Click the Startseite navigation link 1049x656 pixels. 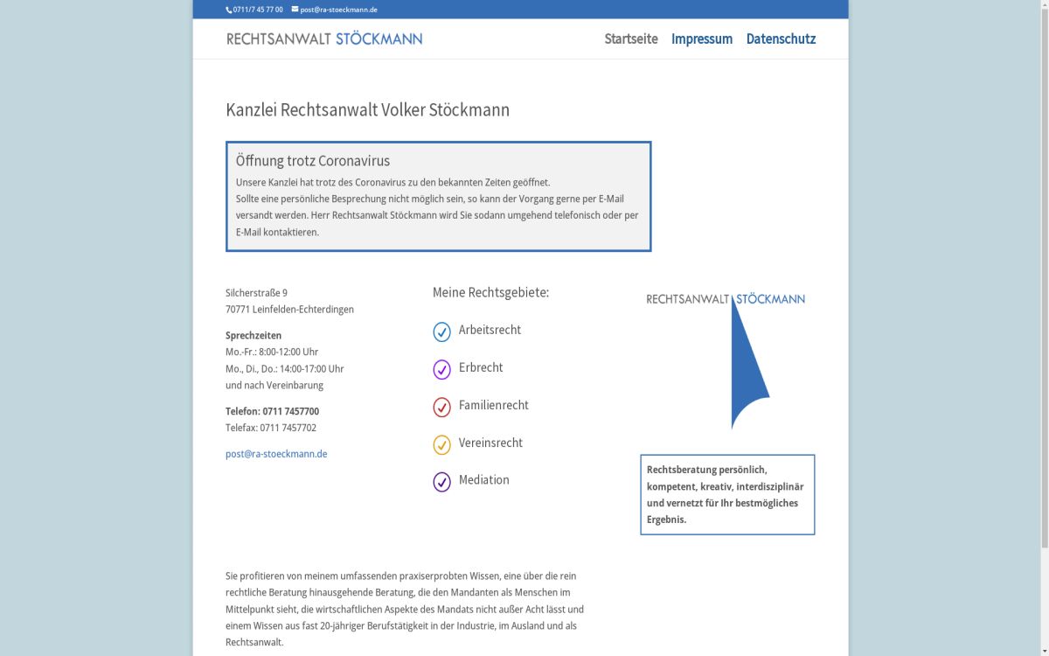point(630,38)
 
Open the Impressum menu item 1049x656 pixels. point(701,38)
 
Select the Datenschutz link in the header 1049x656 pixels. point(781,38)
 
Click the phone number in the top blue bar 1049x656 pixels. point(257,10)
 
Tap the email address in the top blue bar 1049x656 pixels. point(338,10)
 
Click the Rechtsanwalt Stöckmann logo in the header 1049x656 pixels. point(324,38)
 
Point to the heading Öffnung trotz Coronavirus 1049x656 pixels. point(313,161)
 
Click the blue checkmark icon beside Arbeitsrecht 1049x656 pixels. point(442,331)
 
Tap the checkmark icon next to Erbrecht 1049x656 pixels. point(442,369)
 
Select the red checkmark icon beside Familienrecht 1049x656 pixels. point(442,407)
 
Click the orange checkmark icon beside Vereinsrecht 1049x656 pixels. point(442,444)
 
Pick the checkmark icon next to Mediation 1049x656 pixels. point(442,482)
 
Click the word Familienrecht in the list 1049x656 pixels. point(494,405)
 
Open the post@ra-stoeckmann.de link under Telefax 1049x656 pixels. point(276,454)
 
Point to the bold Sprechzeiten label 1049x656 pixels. point(254,335)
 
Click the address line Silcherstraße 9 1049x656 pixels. point(256,293)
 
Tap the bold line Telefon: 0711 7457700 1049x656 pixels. point(272,411)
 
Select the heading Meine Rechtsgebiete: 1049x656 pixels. point(490,292)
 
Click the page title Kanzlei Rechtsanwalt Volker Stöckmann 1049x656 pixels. point(367,110)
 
